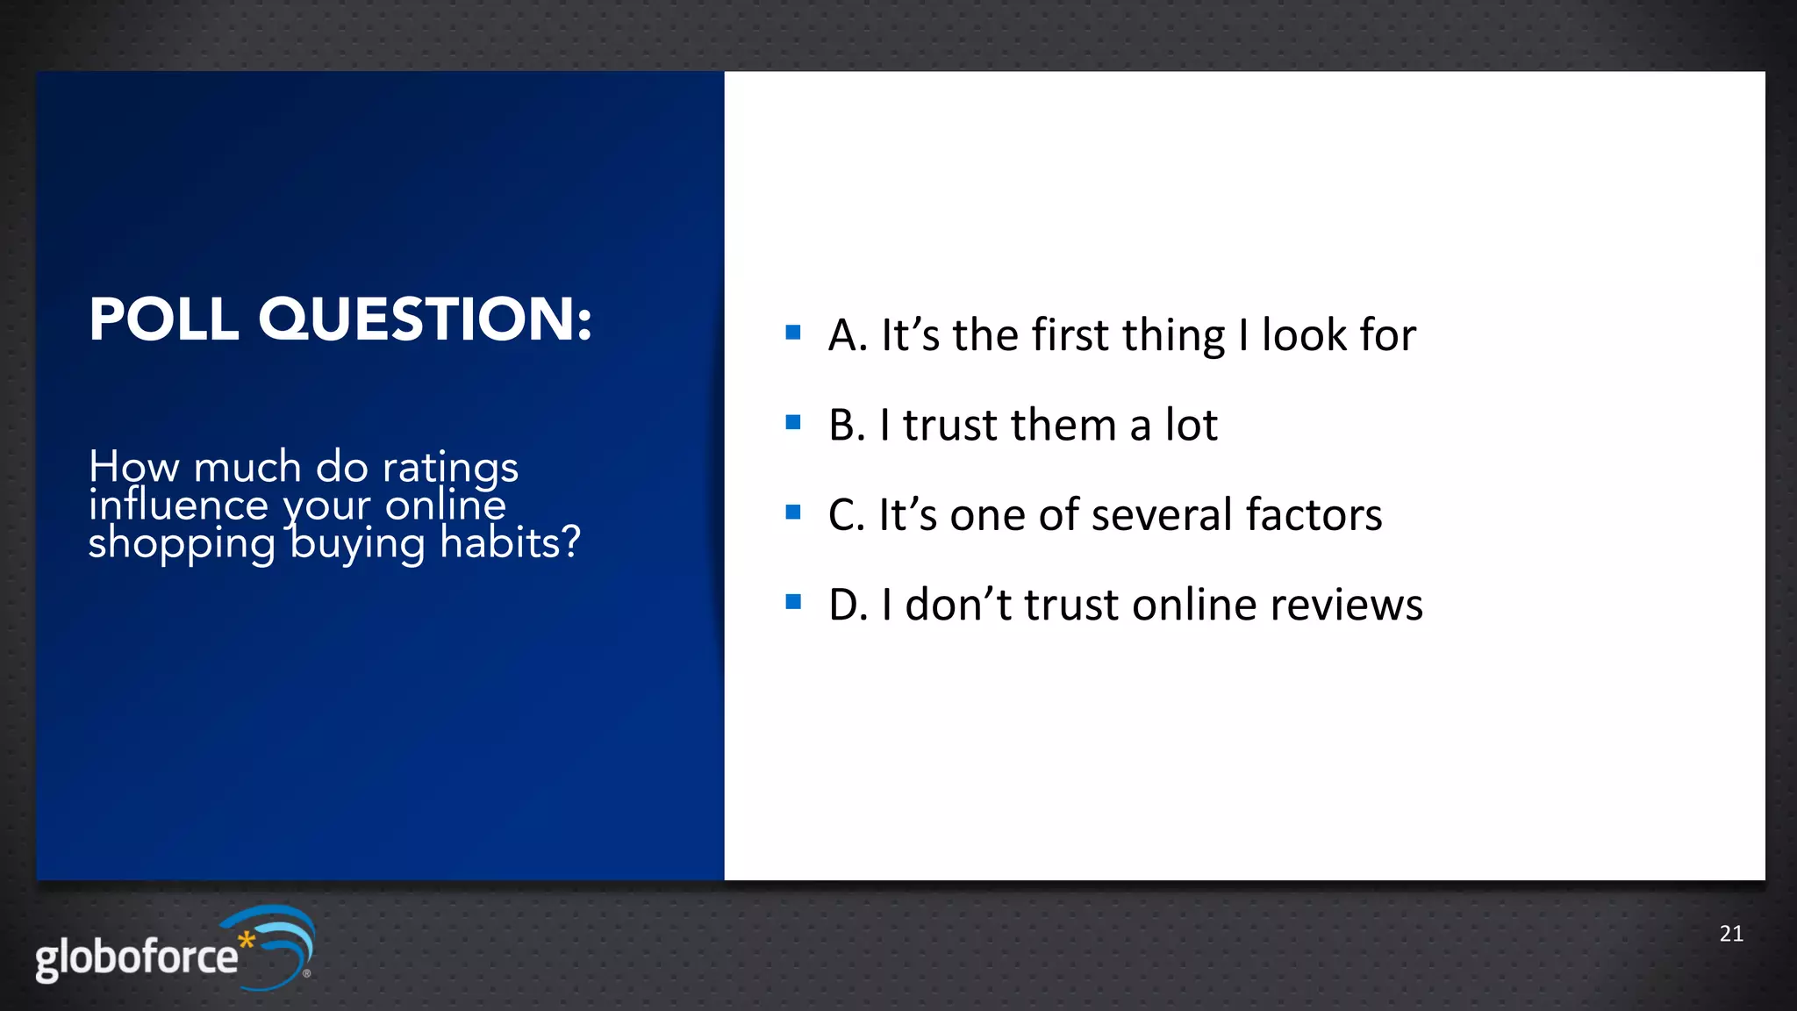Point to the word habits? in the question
(510, 542)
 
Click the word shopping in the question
(182, 544)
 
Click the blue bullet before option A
(793, 333)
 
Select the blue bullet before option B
(793, 422)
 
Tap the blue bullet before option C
(793, 512)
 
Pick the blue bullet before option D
(793, 602)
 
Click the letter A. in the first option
(848, 336)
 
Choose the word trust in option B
(951, 426)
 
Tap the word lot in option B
(1191, 426)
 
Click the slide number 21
(1730, 934)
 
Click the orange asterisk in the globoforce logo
(247, 940)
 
